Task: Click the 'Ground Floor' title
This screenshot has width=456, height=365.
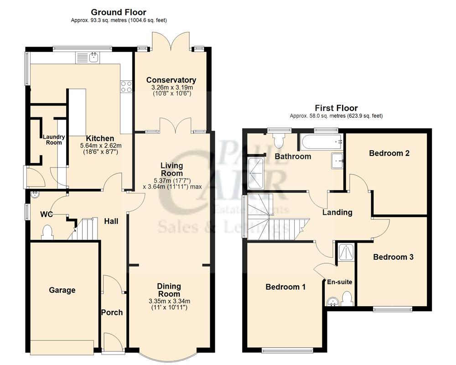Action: tap(119, 12)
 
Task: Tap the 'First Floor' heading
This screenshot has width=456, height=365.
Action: tap(336, 108)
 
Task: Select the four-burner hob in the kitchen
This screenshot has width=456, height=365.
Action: tap(126, 86)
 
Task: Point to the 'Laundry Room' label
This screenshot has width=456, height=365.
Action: tap(53, 139)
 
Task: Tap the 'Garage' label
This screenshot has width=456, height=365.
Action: tap(62, 290)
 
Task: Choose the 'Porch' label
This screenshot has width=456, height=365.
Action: tap(112, 313)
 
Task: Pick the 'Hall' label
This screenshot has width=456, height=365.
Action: tap(111, 221)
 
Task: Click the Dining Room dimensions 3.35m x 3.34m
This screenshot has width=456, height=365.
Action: tap(169, 301)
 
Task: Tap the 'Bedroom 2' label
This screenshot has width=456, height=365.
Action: tap(389, 153)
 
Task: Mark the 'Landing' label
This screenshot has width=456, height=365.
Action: tap(337, 212)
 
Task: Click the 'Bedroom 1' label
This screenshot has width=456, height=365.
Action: tap(285, 287)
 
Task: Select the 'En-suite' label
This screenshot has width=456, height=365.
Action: tap(340, 282)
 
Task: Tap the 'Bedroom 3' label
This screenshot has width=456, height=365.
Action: tap(393, 257)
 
